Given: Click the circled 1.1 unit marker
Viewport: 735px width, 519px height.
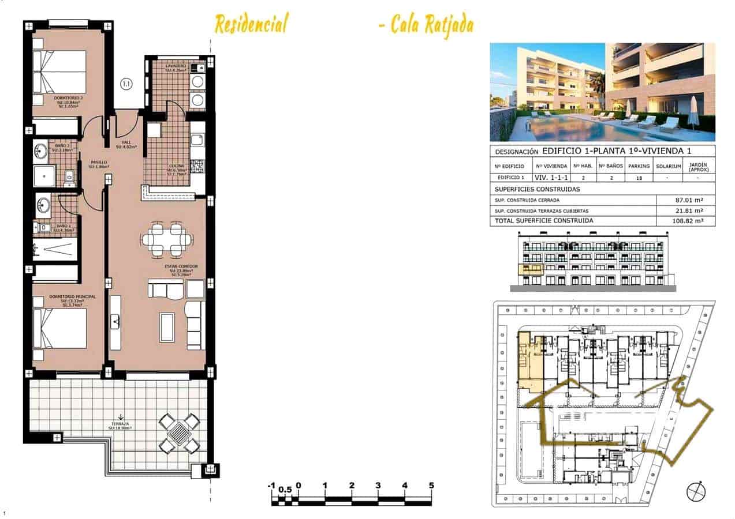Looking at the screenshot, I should click(x=126, y=84).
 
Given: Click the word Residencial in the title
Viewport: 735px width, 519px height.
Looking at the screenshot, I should click(x=251, y=25).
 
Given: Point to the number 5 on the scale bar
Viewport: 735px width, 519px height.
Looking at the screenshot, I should click(x=431, y=486).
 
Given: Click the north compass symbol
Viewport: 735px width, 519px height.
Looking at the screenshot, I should click(x=696, y=491).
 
